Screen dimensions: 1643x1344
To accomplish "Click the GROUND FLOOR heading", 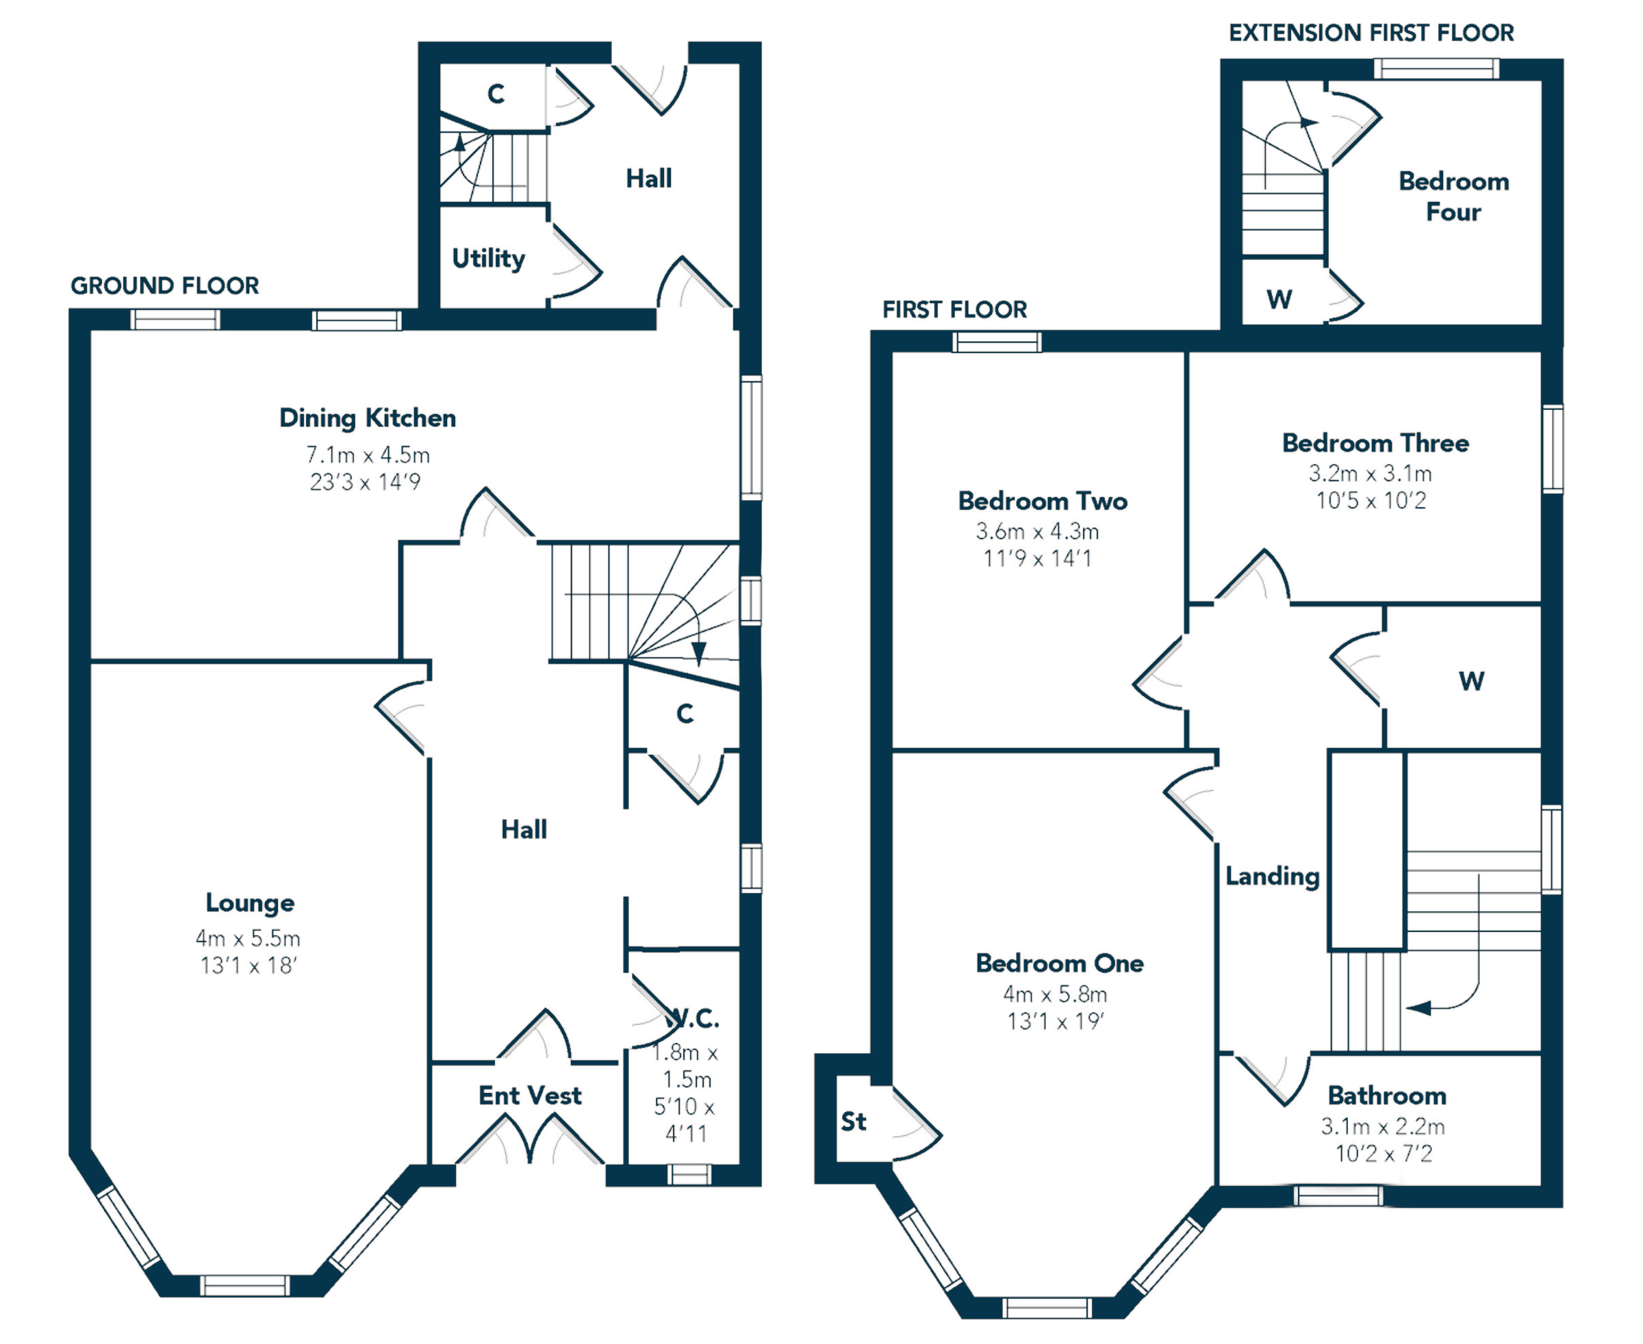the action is [x=165, y=285].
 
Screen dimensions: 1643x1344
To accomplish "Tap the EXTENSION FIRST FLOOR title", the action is [x=1371, y=33].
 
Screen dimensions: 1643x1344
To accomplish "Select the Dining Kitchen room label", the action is [x=367, y=418].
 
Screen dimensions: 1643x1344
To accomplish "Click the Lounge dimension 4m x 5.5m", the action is [x=248, y=938].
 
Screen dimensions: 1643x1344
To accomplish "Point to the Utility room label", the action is [x=488, y=259].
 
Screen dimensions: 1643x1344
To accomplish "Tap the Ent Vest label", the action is [x=530, y=1096].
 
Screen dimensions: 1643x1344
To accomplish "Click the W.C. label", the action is [x=691, y=1020].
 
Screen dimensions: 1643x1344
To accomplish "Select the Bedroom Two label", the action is [x=1043, y=501].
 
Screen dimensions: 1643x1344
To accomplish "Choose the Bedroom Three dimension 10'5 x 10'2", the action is [x=1371, y=501].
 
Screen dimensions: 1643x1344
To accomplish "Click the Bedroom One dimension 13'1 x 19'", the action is [x=1055, y=1022].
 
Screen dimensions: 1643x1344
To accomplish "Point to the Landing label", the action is [x=1272, y=877].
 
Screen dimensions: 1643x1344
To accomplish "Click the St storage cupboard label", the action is [x=854, y=1122].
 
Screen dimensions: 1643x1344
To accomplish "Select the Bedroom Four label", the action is [x=1454, y=196].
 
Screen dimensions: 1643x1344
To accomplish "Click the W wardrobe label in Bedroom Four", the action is [x=1279, y=300].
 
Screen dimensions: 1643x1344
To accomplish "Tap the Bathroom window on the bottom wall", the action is [x=1338, y=1196].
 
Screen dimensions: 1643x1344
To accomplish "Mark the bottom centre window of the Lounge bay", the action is [x=245, y=1286].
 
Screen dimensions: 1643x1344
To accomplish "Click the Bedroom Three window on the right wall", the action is [x=1553, y=449].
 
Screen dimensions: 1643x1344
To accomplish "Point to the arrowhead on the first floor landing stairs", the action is [x=1418, y=1008].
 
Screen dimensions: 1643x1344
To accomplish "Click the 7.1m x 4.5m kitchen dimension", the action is [x=367, y=454].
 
